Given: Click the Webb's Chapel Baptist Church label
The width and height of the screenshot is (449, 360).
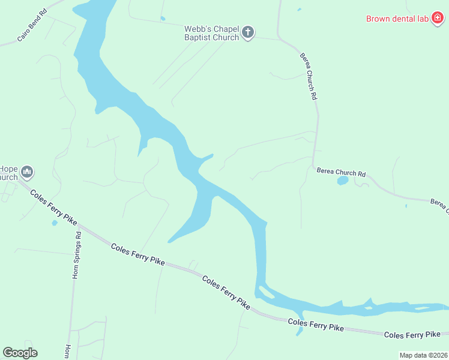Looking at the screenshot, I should click(211, 32).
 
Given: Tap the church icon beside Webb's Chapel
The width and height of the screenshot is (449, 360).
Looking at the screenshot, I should click(248, 32).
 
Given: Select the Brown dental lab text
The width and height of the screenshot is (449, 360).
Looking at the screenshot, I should click(397, 19).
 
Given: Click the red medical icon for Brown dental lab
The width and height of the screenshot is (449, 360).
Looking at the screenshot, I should click(438, 19).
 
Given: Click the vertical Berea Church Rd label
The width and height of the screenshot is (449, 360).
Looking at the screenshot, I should click(308, 75).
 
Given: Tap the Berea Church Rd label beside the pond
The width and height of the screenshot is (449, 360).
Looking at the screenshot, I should click(341, 173).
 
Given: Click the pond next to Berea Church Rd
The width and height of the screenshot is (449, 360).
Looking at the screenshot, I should click(342, 180).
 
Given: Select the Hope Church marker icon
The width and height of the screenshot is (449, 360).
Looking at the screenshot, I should click(26, 173).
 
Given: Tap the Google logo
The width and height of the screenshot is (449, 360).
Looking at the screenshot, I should click(20, 353).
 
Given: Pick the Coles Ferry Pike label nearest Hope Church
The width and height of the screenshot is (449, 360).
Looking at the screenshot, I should click(55, 208).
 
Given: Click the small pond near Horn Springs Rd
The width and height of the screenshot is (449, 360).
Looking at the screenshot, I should click(55, 223).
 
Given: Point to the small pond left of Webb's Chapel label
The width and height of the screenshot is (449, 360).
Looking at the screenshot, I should click(163, 19).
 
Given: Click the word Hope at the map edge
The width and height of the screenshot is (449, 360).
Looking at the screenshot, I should click(9, 169).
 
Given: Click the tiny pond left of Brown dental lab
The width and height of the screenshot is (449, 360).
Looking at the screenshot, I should click(299, 10).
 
